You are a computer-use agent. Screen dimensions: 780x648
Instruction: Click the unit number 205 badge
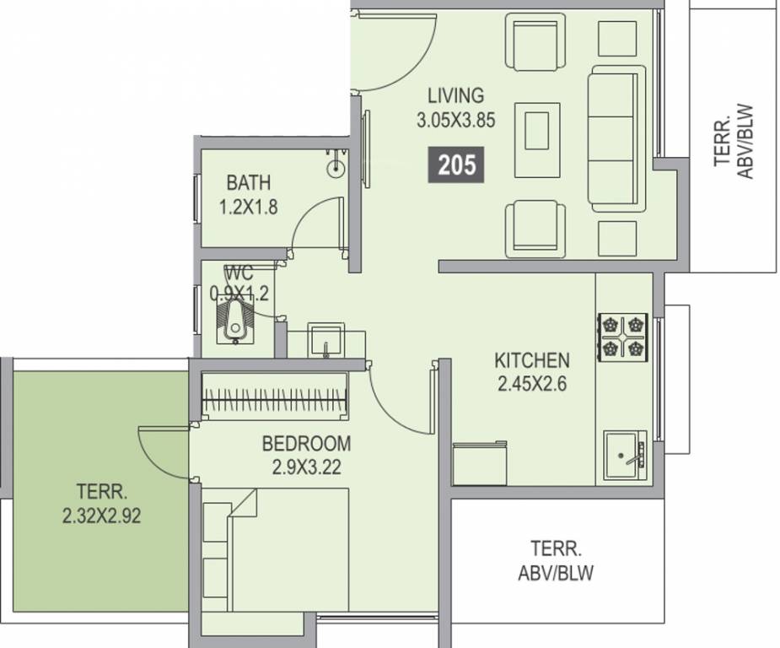coord(456,165)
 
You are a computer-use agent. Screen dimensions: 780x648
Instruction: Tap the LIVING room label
coord(455,95)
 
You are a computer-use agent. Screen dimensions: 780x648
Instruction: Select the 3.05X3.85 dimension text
coord(455,121)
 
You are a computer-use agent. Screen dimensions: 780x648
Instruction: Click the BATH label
coord(248,182)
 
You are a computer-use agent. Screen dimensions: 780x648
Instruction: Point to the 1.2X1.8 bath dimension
coord(248,207)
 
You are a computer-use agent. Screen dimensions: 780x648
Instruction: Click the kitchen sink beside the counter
coord(624,456)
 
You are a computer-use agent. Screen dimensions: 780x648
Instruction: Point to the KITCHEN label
coord(532,360)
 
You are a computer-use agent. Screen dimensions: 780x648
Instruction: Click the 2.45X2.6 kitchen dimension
coord(532,384)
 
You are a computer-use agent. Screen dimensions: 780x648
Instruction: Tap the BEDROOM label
coord(306,444)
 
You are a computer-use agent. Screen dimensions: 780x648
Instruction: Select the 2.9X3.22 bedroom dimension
coord(306,467)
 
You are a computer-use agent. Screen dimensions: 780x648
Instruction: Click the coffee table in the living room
coord(537,140)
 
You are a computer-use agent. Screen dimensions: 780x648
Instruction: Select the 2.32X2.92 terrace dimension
coord(101,516)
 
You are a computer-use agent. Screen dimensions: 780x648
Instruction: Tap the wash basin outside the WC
coord(326,340)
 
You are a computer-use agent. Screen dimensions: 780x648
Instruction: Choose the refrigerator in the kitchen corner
coord(480,463)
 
